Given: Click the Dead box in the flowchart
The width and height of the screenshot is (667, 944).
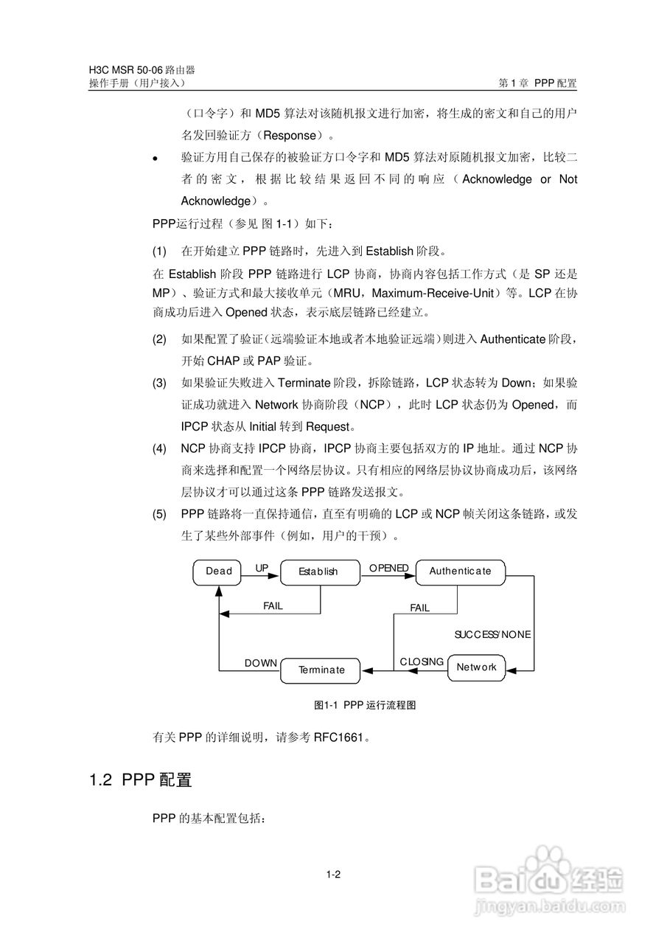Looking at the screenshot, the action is pos(218,572).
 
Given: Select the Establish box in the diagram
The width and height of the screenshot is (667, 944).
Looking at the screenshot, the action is pos(318,572).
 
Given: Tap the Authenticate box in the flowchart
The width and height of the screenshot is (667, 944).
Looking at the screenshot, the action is pos(460,572).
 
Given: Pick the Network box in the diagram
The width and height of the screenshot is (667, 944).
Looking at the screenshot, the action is pos(477,667).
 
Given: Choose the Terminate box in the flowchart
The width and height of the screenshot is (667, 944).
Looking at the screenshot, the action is pos(321,670).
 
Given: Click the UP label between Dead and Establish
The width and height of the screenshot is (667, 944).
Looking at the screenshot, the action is pos(262,568).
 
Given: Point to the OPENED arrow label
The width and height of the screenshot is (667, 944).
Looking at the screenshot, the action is pos(388,568).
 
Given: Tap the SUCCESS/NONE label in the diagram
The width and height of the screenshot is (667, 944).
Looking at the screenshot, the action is pos(492,634).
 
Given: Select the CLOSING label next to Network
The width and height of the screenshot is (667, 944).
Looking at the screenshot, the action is pos(422,662).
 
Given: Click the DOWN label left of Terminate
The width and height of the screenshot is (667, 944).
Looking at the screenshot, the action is pos(261,664).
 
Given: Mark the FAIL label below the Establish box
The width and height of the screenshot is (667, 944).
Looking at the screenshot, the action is pos(273,606).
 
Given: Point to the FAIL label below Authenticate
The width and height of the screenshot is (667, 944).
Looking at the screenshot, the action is pos(419,608).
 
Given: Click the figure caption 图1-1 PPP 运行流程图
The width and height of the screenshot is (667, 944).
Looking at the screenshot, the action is pos(365,706).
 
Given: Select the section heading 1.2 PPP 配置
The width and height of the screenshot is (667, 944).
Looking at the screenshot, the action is pos(140,780).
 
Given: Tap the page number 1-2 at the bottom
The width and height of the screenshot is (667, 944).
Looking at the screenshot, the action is pos(333,875).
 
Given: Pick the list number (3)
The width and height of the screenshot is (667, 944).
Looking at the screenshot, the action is pos(159,383).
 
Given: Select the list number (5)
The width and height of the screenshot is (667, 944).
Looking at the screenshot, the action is pos(159,514).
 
